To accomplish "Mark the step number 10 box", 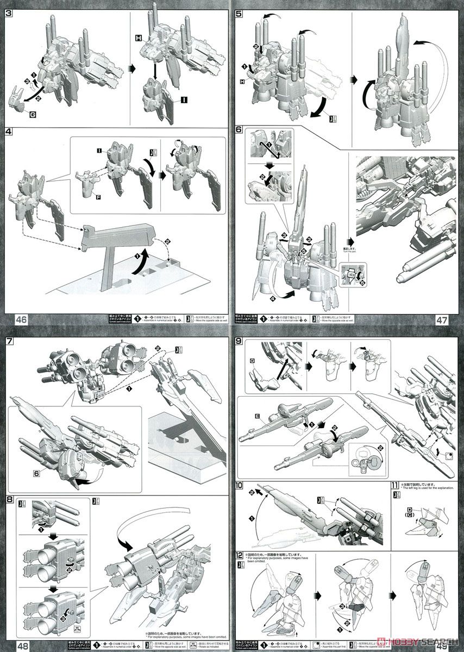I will pos(240,485).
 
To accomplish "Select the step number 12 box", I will pos(240,556).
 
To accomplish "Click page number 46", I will pos(12,319).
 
